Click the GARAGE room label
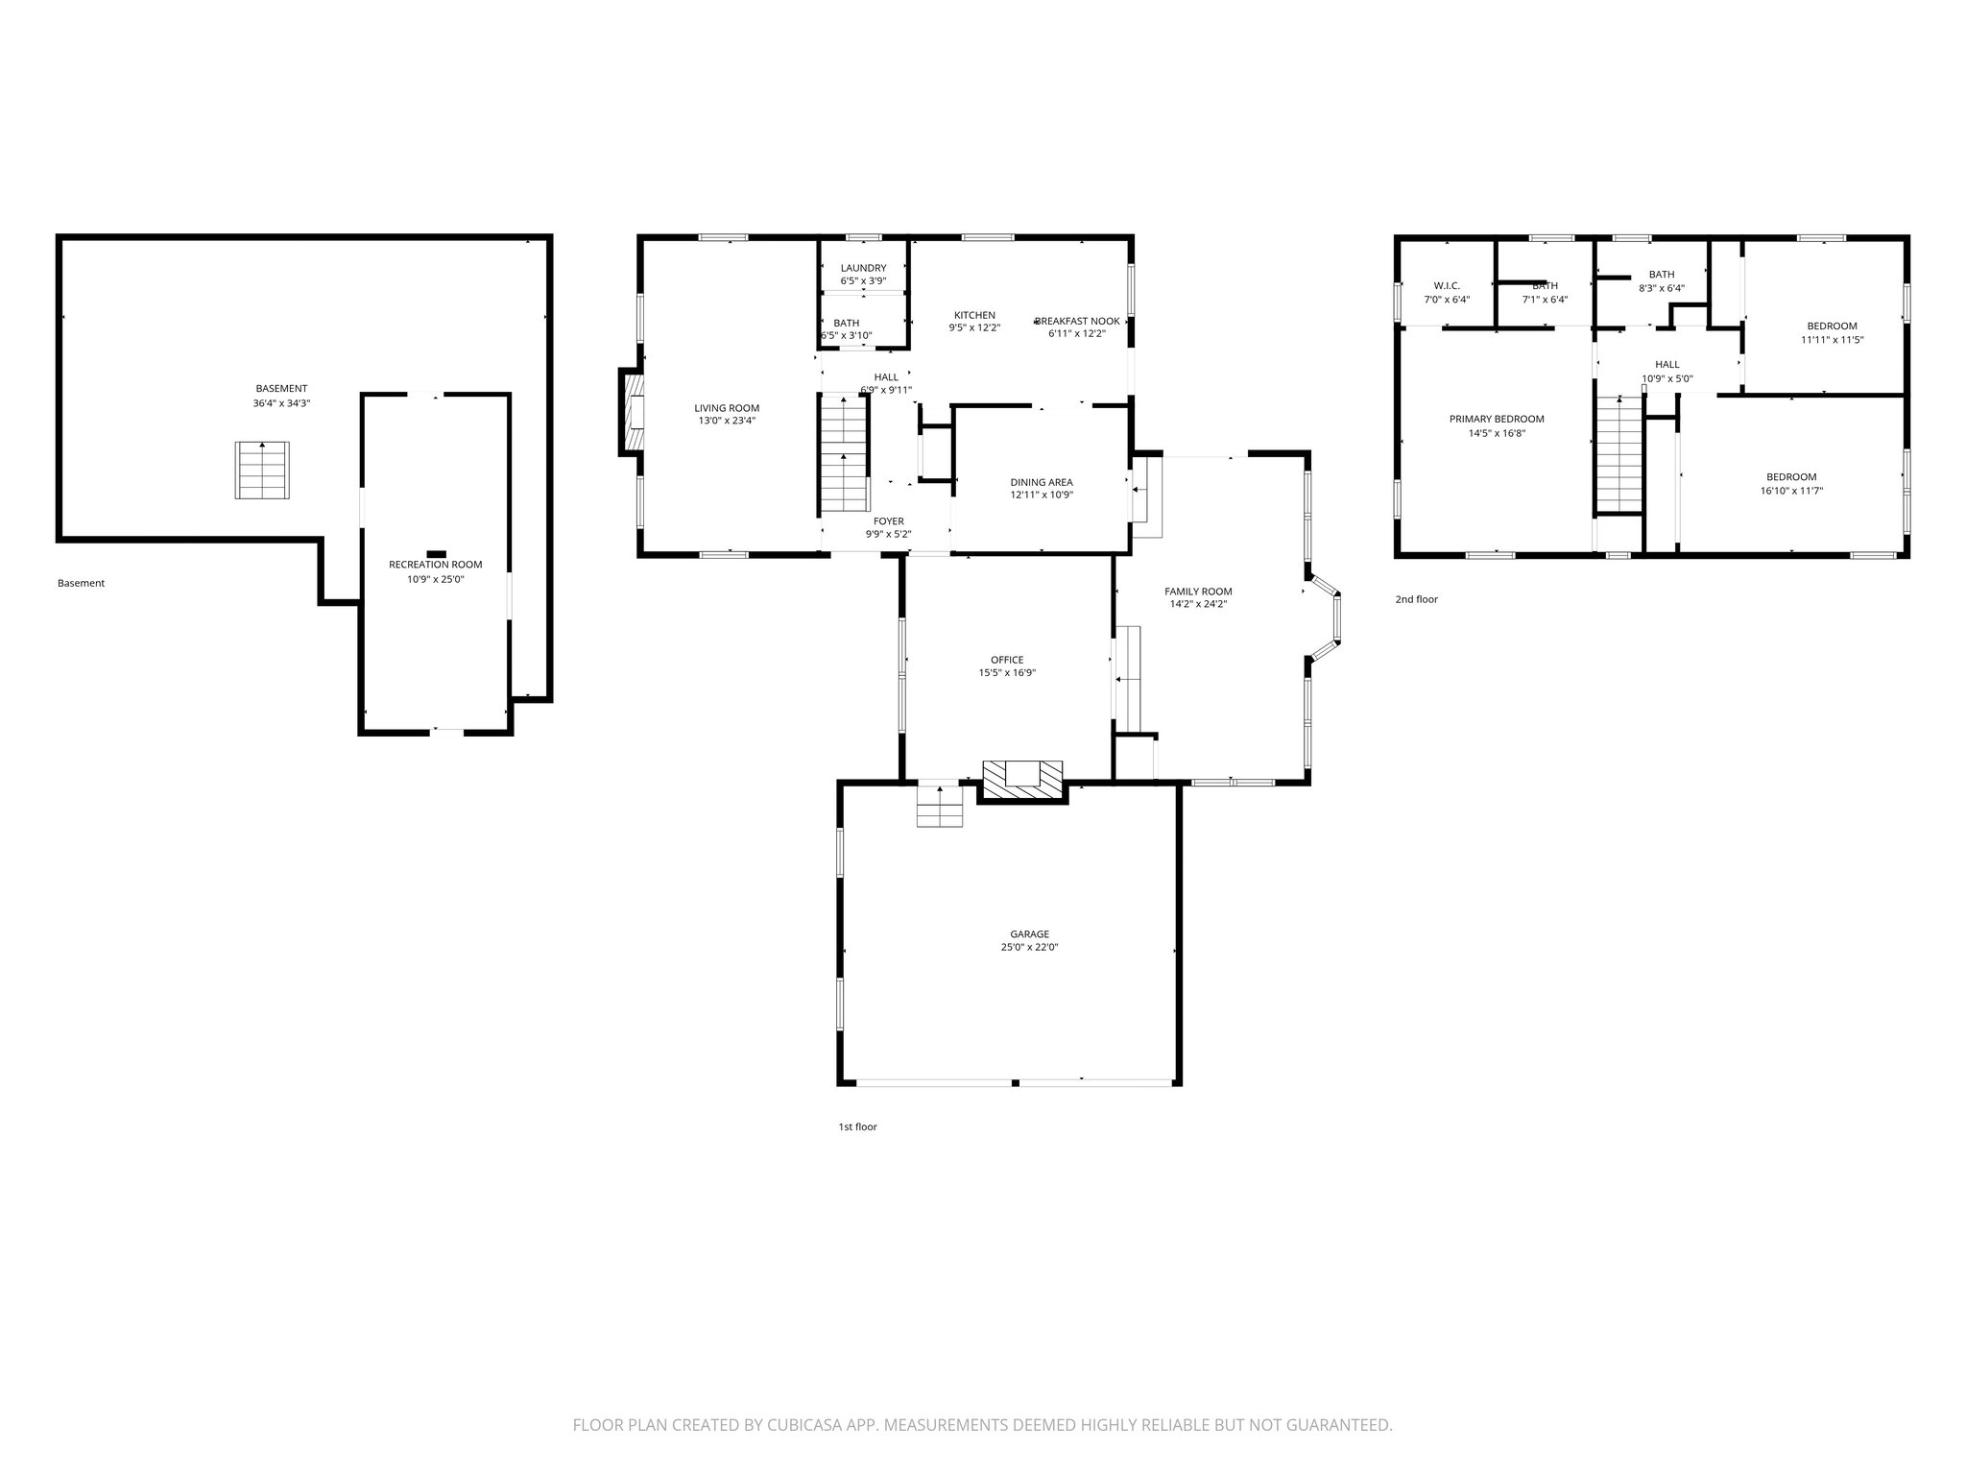click(x=1029, y=933)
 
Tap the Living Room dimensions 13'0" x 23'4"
click(x=727, y=421)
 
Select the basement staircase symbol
click(x=262, y=471)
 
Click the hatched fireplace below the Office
click(x=1022, y=781)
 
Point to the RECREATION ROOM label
click(x=435, y=565)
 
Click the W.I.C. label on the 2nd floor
click(x=1446, y=286)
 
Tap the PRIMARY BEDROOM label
click(x=1496, y=419)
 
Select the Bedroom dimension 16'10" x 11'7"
click(x=1790, y=491)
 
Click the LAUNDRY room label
click(x=863, y=268)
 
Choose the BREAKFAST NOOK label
click(x=1076, y=321)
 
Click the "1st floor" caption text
click(x=857, y=1126)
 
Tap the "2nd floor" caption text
click(x=1416, y=599)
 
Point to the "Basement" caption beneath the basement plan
click(x=81, y=583)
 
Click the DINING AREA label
click(x=1041, y=482)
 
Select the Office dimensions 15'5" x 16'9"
click(x=1006, y=673)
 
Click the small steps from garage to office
click(x=939, y=805)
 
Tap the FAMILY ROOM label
click(x=1197, y=592)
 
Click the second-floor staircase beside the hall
click(x=1620, y=456)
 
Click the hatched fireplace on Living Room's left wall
click(x=632, y=411)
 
